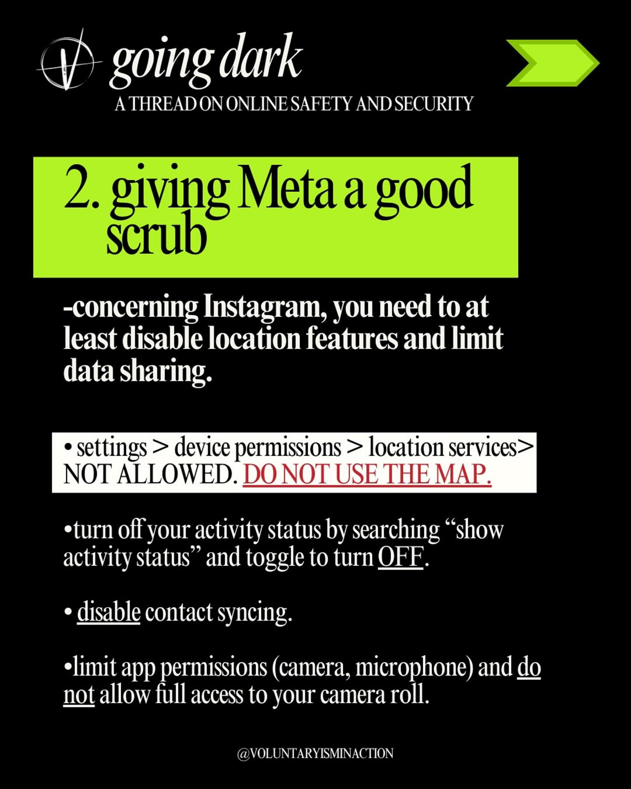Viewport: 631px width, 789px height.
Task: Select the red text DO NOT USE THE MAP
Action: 367,475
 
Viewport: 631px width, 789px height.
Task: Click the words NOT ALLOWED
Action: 148,475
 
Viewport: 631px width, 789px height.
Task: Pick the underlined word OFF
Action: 401,558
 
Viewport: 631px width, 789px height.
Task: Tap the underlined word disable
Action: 109,612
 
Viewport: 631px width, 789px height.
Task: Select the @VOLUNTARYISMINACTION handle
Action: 315,753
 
